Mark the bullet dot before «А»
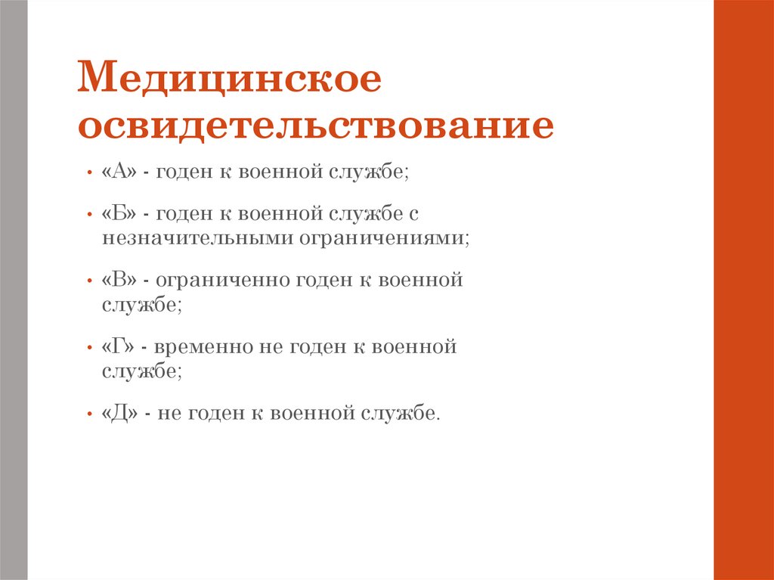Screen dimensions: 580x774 coord(89,173)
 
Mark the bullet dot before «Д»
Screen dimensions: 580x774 coord(89,414)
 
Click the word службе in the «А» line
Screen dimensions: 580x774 coord(367,172)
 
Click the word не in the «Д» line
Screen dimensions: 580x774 coord(169,414)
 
